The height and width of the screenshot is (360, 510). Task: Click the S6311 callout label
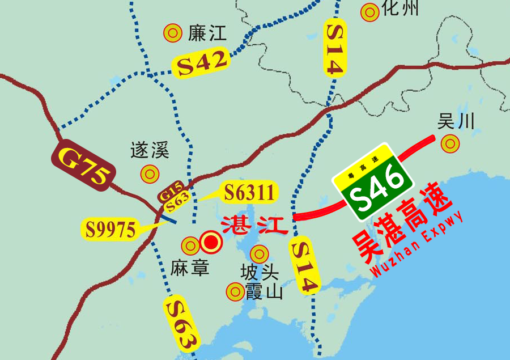pyautogui.click(x=250, y=192)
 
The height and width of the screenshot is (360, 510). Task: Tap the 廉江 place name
pyautogui.click(x=206, y=33)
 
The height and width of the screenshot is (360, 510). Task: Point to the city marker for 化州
pyautogui.click(x=370, y=11)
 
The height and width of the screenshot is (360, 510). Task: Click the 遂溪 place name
pyautogui.click(x=150, y=151)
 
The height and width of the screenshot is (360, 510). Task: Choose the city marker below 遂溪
pyautogui.click(x=150, y=173)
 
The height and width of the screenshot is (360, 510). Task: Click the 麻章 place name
pyautogui.click(x=190, y=268)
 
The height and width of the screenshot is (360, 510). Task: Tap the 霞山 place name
pyautogui.click(x=263, y=293)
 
